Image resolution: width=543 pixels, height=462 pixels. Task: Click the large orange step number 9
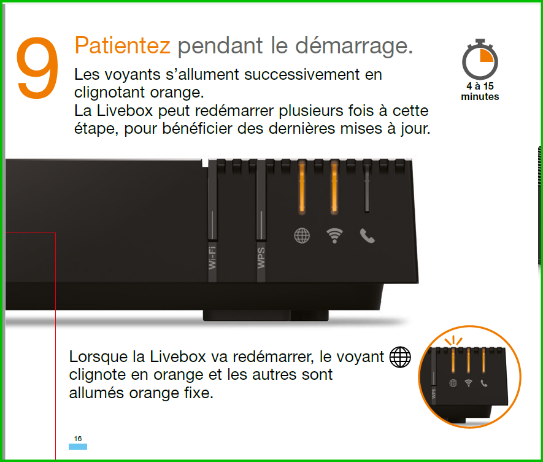click(x=37, y=67)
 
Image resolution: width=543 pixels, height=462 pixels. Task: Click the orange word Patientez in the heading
click(x=122, y=45)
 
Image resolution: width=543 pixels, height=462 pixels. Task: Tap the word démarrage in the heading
click(x=353, y=46)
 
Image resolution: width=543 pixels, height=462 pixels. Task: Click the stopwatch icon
click(x=480, y=60)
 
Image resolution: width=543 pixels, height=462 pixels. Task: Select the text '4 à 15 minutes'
click(x=480, y=91)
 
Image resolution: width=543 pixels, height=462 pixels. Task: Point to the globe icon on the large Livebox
click(x=302, y=236)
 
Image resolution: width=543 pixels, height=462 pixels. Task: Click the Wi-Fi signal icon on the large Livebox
click(x=334, y=236)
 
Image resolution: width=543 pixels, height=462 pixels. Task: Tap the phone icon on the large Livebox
click(x=367, y=236)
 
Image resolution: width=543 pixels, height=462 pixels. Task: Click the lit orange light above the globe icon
click(x=302, y=187)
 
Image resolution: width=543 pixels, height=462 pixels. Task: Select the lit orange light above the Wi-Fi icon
click(x=334, y=187)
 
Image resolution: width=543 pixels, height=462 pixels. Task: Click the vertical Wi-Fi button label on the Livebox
click(x=212, y=257)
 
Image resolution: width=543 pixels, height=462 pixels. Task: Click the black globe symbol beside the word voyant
click(x=400, y=357)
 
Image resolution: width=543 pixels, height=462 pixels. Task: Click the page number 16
click(x=78, y=439)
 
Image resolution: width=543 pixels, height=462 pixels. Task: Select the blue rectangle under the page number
click(x=78, y=447)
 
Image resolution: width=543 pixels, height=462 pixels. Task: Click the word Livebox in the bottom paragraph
click(x=178, y=356)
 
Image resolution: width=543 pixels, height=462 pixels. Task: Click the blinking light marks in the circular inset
click(x=453, y=341)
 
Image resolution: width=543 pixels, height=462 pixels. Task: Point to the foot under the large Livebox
click(x=266, y=315)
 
